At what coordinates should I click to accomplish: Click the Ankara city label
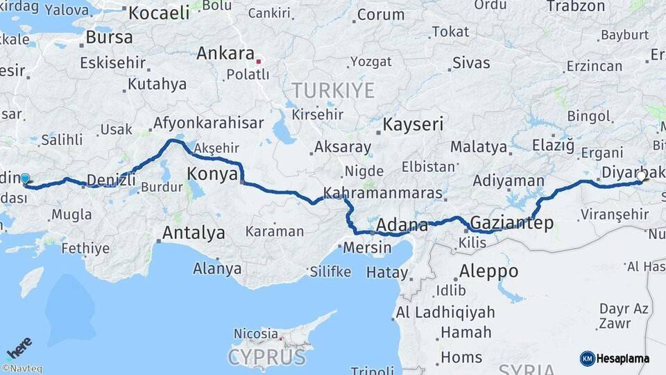225,53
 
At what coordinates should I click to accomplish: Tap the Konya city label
213,174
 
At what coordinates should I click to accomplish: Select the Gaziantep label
511,223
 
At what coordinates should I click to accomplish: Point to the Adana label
402,226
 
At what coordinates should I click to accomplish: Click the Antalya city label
193,233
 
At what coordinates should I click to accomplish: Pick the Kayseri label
413,125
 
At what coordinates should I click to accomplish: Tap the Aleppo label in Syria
488,271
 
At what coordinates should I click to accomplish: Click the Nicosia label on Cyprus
256,334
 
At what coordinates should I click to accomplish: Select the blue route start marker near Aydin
26,179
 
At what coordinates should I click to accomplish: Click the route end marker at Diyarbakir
642,176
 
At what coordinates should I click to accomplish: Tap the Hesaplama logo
615,358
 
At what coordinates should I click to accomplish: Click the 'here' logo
19,347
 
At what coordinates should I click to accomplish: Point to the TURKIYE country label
332,90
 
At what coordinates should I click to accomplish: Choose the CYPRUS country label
267,358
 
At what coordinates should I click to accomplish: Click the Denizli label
111,181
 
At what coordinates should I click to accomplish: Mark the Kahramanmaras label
383,192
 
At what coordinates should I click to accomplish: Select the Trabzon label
576,6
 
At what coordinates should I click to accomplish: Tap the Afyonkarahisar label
208,123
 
